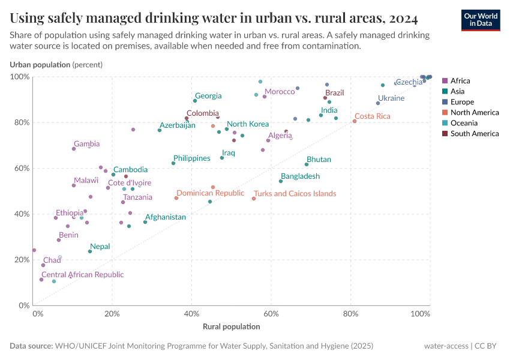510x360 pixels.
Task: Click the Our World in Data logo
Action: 480,20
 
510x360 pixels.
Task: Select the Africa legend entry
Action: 460,81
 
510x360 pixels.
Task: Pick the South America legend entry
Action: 474,134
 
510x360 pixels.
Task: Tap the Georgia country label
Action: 208,96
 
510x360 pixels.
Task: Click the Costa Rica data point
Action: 355,121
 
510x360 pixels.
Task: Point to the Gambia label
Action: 86,144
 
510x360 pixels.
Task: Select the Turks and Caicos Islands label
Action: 295,194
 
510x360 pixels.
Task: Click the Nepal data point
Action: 90,251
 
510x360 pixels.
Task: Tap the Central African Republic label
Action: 82,275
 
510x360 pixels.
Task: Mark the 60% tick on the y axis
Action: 20,169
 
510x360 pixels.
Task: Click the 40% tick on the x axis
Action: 191,314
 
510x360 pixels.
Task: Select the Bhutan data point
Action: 307,164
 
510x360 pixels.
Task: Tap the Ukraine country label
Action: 391,98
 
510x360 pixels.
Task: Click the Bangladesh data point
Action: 281,181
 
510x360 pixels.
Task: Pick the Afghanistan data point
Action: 145,222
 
